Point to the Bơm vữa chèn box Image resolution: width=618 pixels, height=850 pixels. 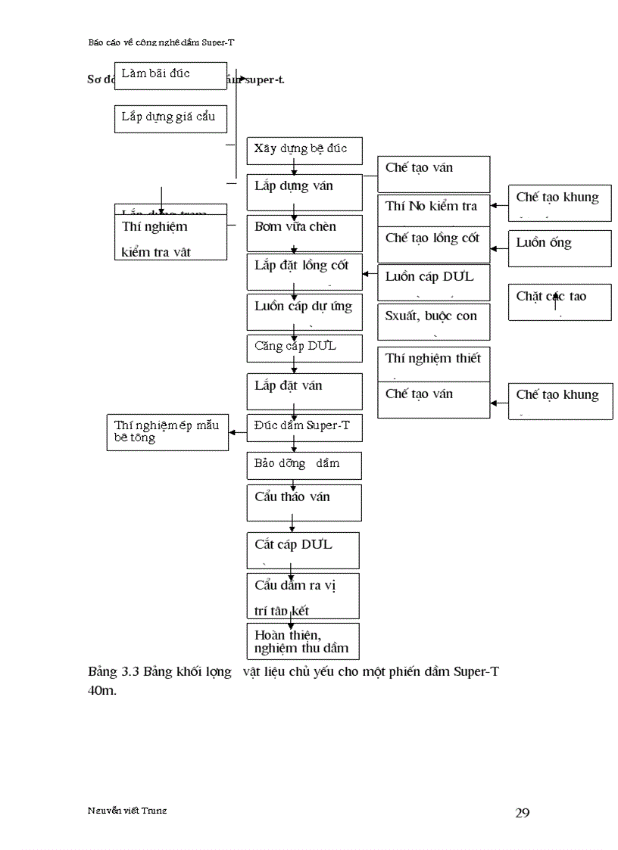click(x=304, y=233)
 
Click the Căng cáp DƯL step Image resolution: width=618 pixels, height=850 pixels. click(x=304, y=347)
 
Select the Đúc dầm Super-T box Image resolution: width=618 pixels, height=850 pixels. click(x=304, y=428)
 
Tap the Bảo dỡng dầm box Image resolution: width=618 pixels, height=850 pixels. click(x=304, y=465)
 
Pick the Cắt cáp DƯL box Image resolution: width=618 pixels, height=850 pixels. click(x=302, y=550)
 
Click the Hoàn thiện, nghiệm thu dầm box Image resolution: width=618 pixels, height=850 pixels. click(x=302, y=641)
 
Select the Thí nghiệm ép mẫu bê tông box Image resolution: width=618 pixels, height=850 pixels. click(x=167, y=433)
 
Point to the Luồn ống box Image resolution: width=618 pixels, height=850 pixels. click(x=559, y=248)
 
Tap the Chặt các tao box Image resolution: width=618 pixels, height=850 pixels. click(x=559, y=302)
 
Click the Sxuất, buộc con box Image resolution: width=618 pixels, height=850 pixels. click(x=433, y=321)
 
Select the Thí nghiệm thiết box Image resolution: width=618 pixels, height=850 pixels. click(x=433, y=363)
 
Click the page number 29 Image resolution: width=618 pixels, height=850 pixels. click(x=522, y=813)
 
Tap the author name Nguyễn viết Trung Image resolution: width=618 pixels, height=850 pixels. click(x=127, y=810)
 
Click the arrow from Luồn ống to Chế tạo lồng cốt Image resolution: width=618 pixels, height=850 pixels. click(x=499, y=248)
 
